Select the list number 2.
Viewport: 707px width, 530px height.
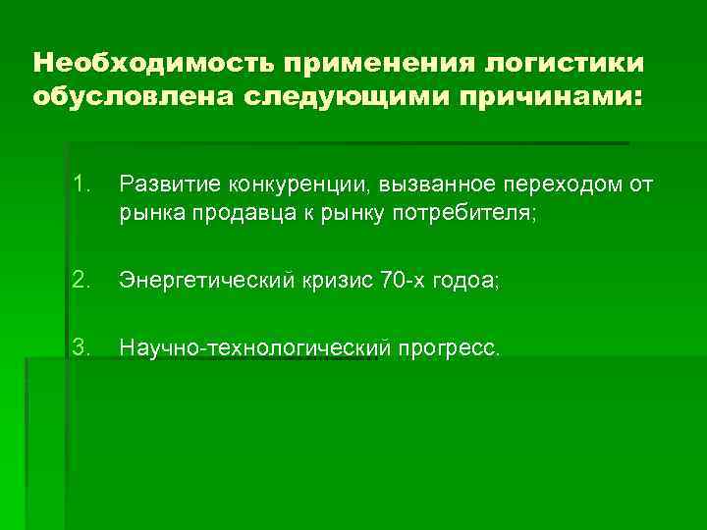tap(82, 281)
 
